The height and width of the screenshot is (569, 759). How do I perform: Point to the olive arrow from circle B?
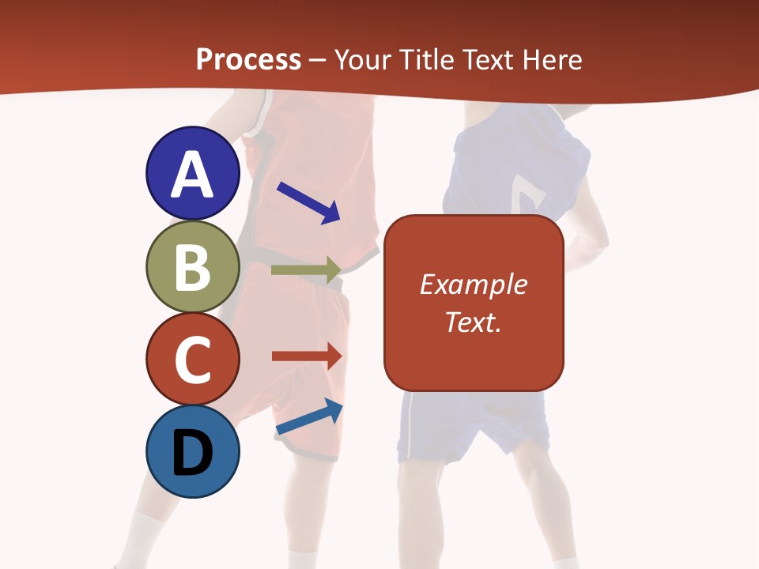pyautogui.click(x=306, y=269)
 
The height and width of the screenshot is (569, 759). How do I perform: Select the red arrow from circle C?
pyautogui.click(x=307, y=356)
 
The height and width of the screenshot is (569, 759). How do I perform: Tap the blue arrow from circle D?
pyautogui.click(x=309, y=416)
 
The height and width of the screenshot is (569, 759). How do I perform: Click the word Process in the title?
pyautogui.click(x=248, y=59)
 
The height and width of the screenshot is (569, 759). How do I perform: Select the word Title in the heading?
pyautogui.click(x=426, y=59)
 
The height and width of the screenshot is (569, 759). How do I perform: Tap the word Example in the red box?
pyautogui.click(x=473, y=284)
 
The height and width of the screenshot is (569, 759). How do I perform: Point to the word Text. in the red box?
pyautogui.click(x=473, y=322)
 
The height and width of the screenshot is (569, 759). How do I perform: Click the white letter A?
pyautogui.click(x=192, y=174)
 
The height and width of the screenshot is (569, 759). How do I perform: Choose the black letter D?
pyautogui.click(x=192, y=453)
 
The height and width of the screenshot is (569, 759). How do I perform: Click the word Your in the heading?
pyautogui.click(x=363, y=59)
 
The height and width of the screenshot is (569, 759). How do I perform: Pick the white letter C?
pyautogui.click(x=192, y=360)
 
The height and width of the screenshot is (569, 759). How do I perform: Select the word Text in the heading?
pyautogui.click(x=489, y=59)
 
